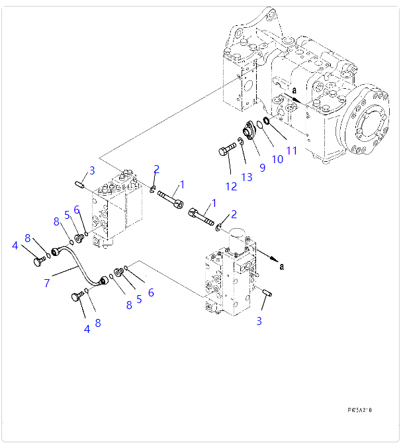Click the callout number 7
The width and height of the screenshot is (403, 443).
47,283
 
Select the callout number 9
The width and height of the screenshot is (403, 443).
262,167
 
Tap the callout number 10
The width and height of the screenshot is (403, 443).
277,159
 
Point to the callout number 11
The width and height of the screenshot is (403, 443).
291,151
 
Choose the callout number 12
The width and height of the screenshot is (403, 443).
230,186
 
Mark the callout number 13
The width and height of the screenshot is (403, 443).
247,176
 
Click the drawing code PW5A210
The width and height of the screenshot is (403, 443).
359,411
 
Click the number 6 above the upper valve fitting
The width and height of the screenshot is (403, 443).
77,210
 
